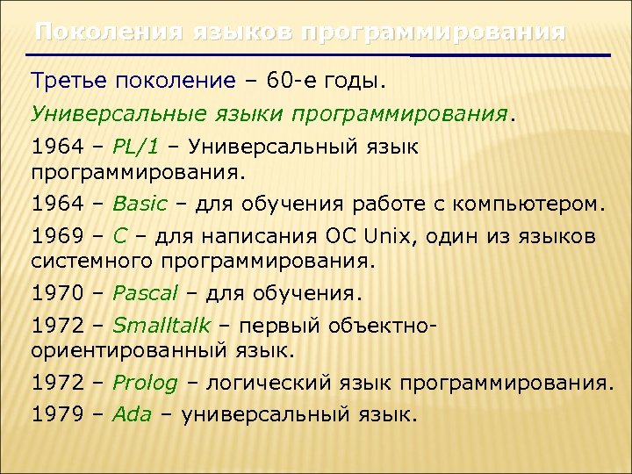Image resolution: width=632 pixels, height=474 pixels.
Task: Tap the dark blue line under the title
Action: point(509,55)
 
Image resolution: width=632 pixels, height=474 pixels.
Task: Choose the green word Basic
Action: point(140,205)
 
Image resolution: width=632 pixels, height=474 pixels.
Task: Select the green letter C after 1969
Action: point(121,237)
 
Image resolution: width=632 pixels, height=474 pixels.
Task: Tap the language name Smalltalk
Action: point(162,327)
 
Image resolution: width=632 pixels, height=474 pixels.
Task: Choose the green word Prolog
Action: point(145,383)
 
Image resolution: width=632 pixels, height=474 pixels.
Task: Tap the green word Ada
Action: point(132,414)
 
